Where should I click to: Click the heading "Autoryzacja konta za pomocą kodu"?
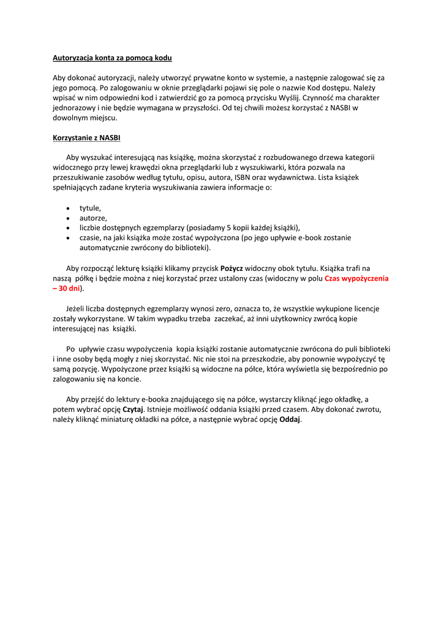pyautogui.click(x=112, y=57)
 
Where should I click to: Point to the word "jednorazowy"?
pyautogui.click(x=73, y=108)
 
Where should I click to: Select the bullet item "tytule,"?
pyautogui.click(x=90, y=208)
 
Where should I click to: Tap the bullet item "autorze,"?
pyautogui.click(x=93, y=218)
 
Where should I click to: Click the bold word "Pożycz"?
pyautogui.click(x=231, y=268)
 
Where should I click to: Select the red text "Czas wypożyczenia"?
pyautogui.click(x=356, y=278)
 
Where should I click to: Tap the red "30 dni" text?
pyautogui.click(x=70, y=288)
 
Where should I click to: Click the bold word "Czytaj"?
pyautogui.click(x=133, y=409)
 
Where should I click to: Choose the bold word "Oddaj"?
pyautogui.click(x=290, y=419)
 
